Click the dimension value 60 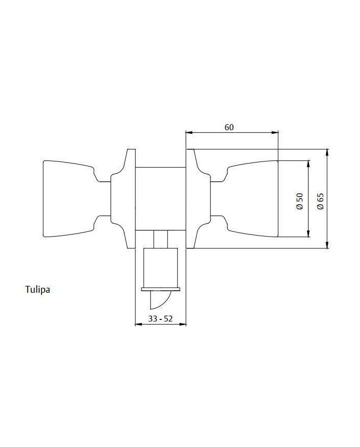229,127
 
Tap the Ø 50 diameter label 300,201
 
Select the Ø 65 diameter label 321,201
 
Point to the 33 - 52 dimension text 160,318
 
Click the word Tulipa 38,290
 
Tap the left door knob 77,199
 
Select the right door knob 244,199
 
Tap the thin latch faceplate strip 160,290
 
